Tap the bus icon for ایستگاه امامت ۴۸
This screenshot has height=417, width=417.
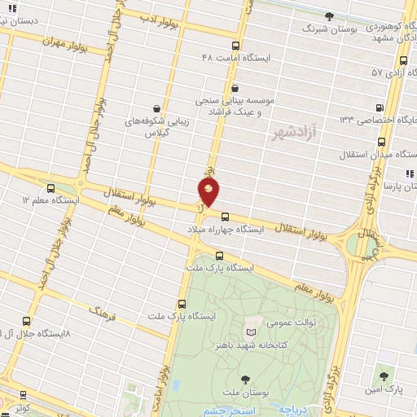click(236, 46)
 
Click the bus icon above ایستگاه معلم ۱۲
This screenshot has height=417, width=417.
click(51, 187)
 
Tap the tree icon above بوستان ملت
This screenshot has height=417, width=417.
click(246, 379)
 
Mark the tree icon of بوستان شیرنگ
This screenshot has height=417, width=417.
click(329, 15)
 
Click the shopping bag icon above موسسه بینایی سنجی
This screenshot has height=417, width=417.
click(235, 88)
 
